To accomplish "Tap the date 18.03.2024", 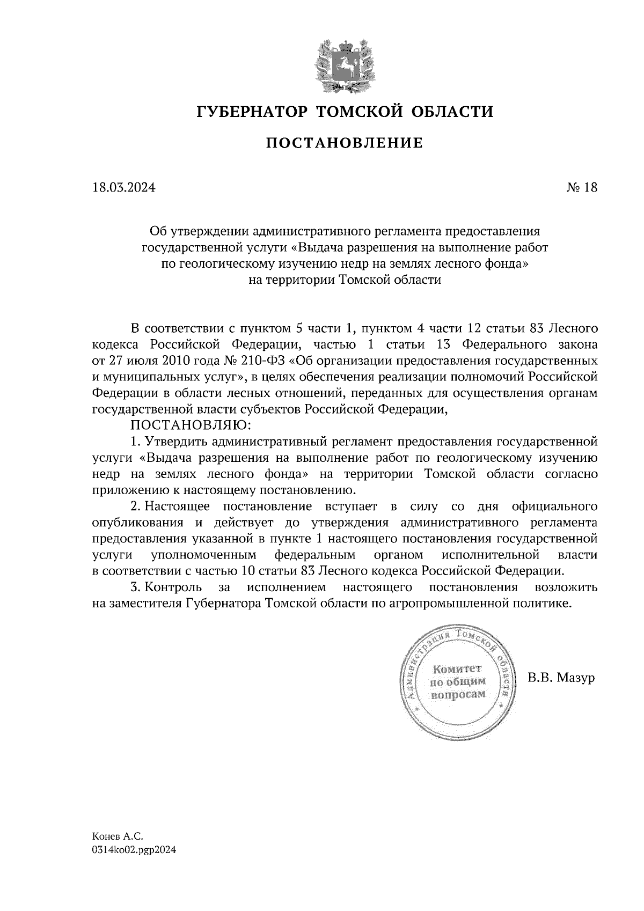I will click(x=123, y=188).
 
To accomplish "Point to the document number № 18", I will click(x=581, y=188).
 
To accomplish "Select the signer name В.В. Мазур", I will click(x=561, y=678).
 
